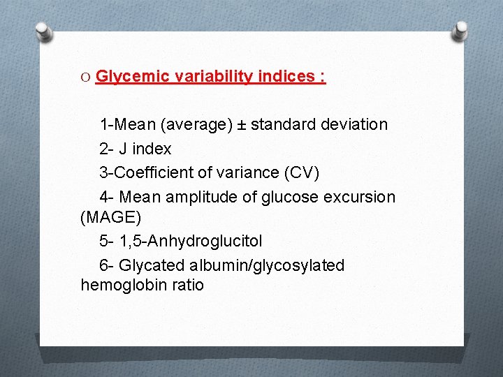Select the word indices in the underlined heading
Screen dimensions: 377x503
[286, 77]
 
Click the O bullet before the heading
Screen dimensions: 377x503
[86, 77]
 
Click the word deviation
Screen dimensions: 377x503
[353, 125]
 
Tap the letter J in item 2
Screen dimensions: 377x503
[123, 149]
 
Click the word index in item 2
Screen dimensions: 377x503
[151, 149]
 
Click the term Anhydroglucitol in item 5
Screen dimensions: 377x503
[205, 242]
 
